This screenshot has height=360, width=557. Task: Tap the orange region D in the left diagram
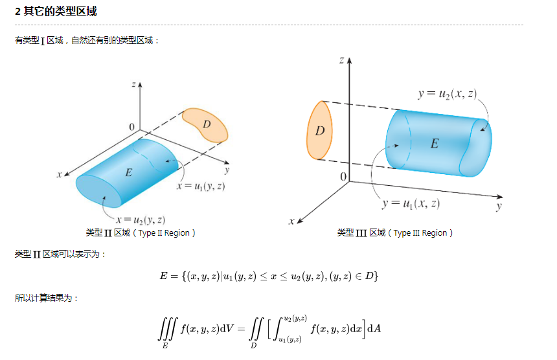tap(205, 124)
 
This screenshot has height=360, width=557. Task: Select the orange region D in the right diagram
tap(319, 131)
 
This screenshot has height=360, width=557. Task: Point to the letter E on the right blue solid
tap(434, 144)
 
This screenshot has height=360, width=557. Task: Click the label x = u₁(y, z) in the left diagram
tap(201, 186)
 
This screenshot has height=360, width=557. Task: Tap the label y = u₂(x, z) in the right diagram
tap(447, 94)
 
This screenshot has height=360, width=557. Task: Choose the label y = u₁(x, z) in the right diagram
tap(411, 204)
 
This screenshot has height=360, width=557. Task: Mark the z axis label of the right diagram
tap(341, 60)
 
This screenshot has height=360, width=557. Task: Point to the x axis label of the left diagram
tap(59, 175)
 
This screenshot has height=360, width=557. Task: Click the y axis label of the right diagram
tap(499, 207)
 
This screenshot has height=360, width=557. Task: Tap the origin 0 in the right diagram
tap(343, 177)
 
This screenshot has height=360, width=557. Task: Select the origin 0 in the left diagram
tap(131, 126)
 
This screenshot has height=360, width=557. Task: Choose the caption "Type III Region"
tap(423, 233)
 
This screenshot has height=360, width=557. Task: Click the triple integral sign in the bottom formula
tap(166, 330)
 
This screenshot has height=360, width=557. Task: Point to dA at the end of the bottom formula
tap(374, 328)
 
